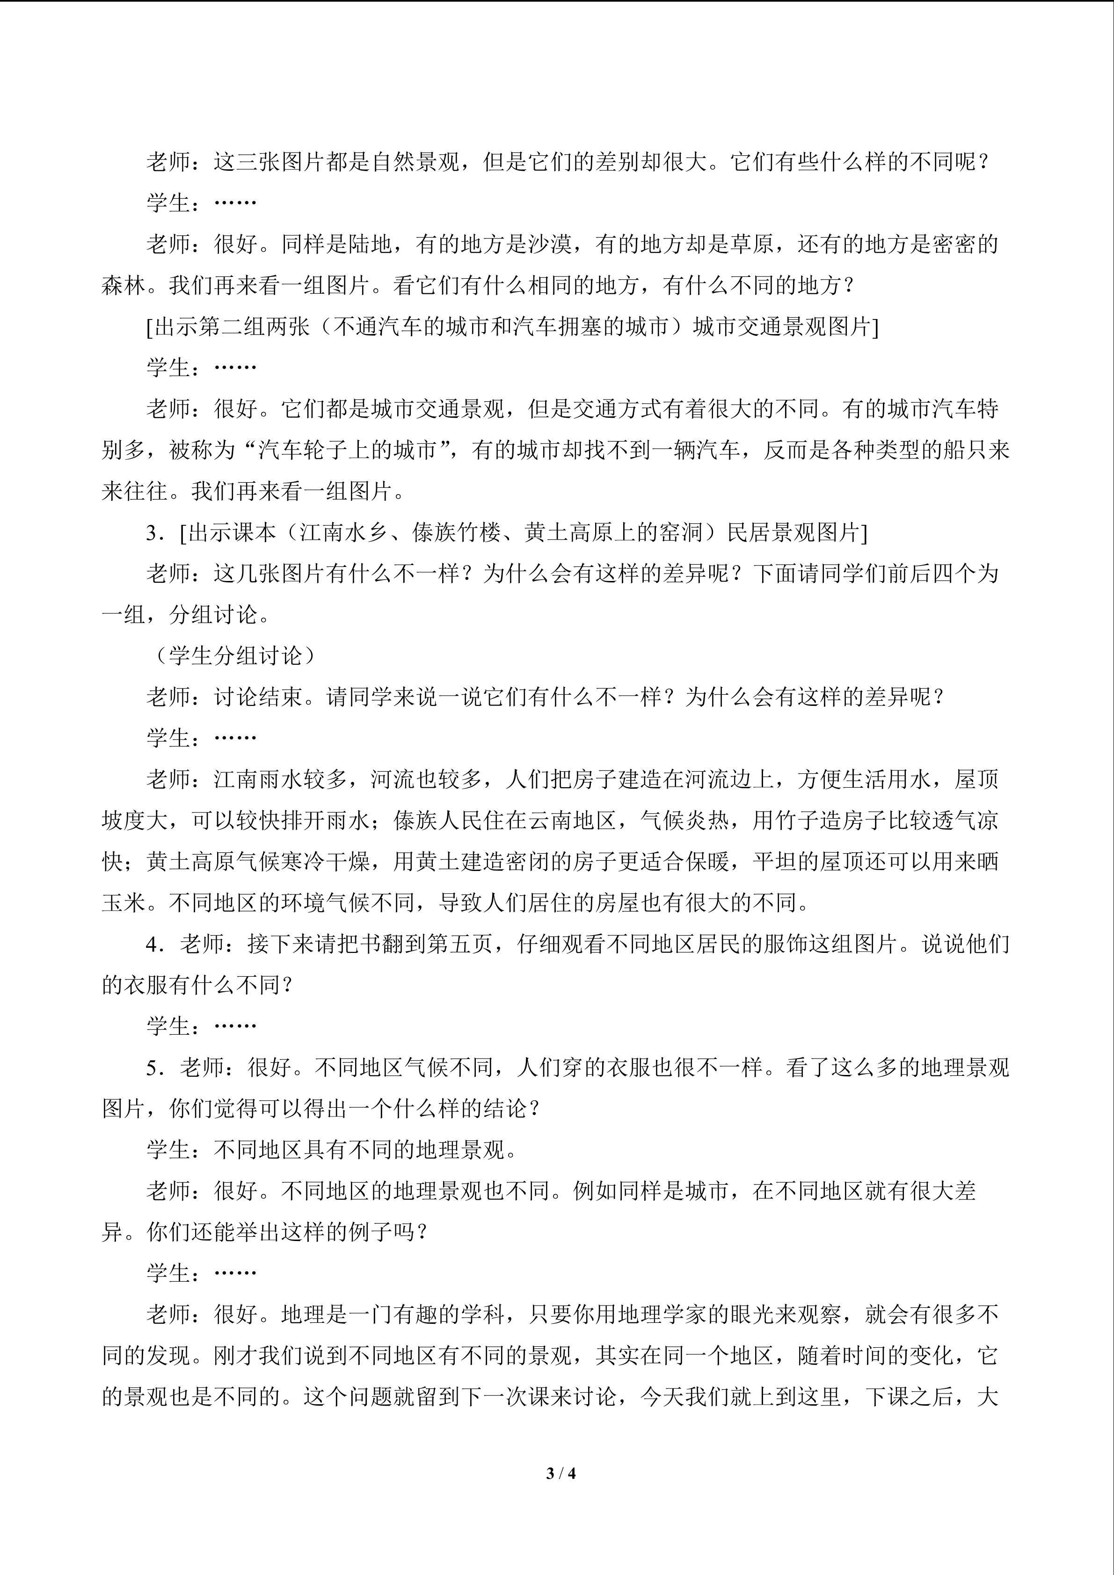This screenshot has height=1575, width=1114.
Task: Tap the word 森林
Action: (x=124, y=285)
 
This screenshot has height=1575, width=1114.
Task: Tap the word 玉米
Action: (x=124, y=903)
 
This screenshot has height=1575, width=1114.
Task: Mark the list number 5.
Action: (x=152, y=1068)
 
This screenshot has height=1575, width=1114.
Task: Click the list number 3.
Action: (x=152, y=533)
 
